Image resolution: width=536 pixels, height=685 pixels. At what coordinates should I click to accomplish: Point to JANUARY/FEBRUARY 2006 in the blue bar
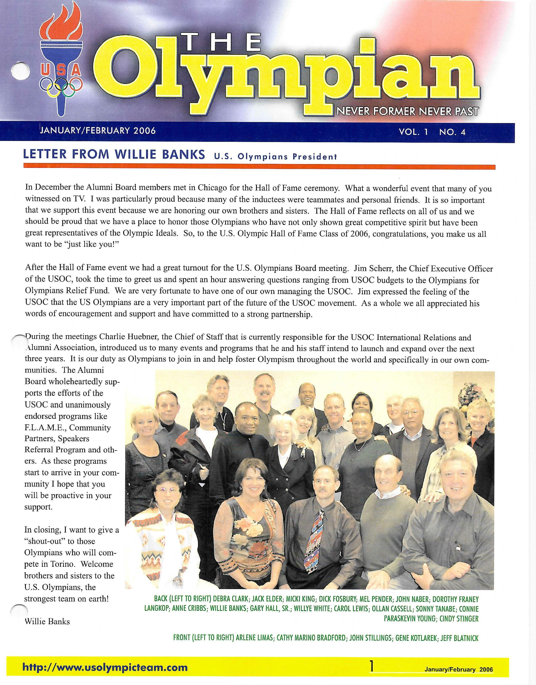(x=98, y=130)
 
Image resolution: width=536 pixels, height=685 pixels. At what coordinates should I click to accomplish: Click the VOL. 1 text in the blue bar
(x=413, y=132)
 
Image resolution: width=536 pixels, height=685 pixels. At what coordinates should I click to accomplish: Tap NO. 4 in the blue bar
(x=452, y=132)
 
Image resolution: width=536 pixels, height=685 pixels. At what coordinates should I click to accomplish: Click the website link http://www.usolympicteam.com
(x=105, y=667)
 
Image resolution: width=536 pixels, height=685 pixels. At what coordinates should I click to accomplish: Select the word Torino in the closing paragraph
(x=64, y=564)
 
